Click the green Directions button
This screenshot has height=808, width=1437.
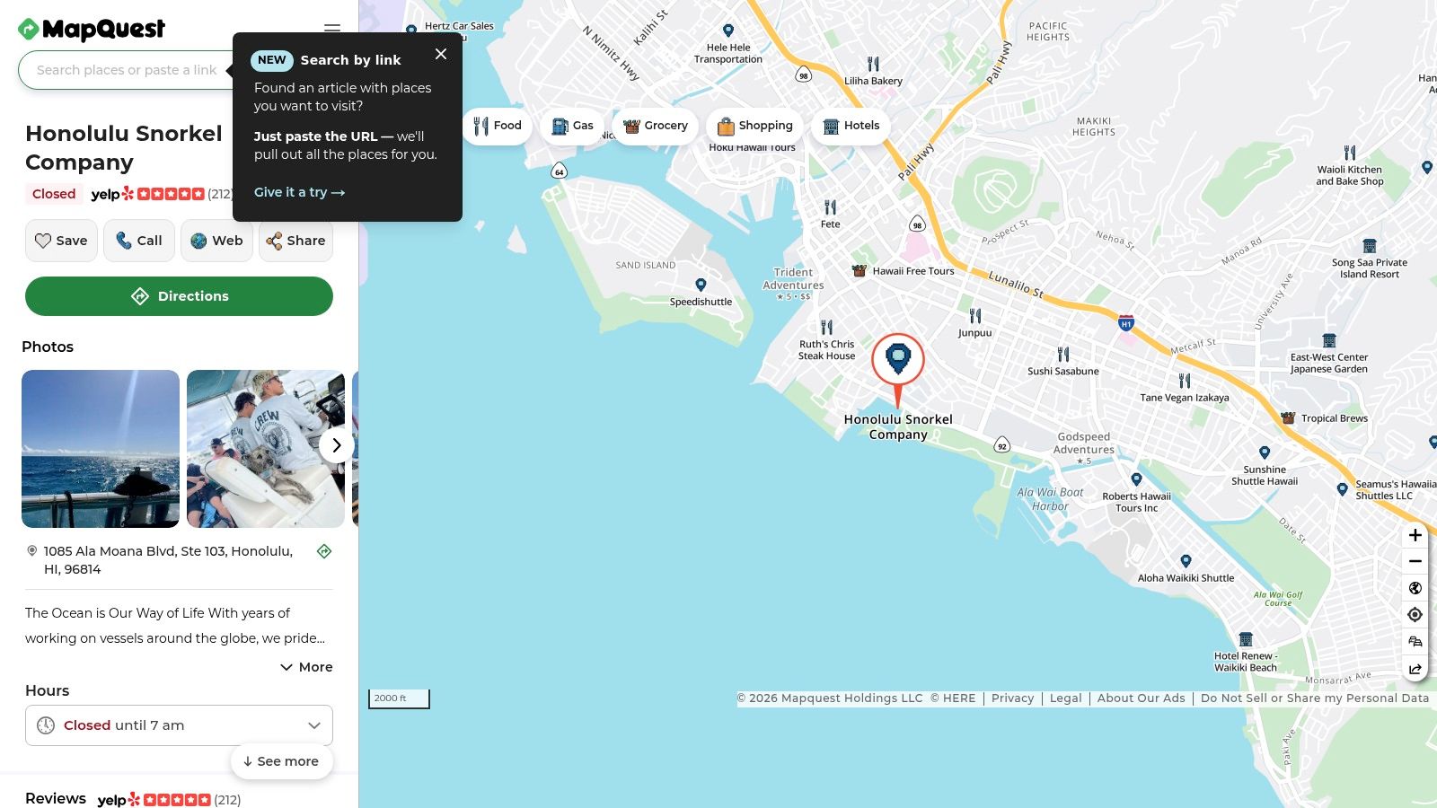click(x=179, y=296)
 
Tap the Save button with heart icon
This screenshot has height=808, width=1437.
click(x=61, y=241)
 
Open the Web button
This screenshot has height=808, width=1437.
click(x=216, y=241)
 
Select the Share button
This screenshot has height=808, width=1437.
click(x=295, y=241)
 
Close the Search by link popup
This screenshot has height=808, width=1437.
click(x=441, y=54)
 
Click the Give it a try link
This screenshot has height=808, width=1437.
click(x=299, y=192)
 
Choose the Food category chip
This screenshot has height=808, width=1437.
click(x=498, y=126)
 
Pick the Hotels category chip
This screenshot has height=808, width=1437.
click(x=851, y=126)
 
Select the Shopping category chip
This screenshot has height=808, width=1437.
click(x=754, y=126)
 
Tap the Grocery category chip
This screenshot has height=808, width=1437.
click(x=656, y=126)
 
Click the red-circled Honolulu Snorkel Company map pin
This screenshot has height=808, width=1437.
click(x=898, y=360)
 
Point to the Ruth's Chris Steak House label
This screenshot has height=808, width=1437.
click(x=827, y=350)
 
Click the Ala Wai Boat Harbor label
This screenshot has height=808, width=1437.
click(x=1050, y=499)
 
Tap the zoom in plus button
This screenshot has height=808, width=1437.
click(x=1415, y=535)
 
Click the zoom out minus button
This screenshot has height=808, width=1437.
click(x=1415, y=561)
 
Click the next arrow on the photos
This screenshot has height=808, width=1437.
click(x=336, y=445)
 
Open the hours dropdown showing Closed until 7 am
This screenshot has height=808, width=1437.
click(x=179, y=725)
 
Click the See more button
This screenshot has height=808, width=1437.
click(x=281, y=761)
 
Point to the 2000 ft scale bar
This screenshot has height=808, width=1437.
click(x=399, y=698)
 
